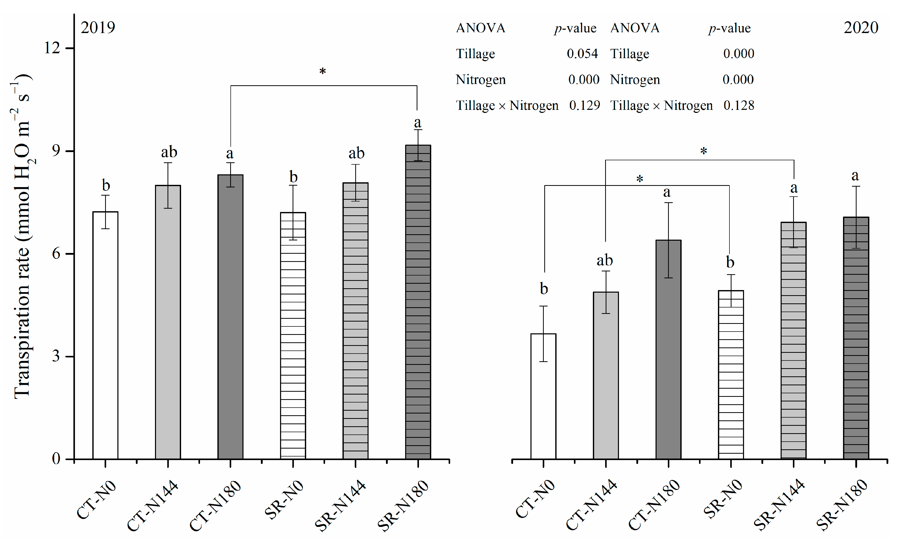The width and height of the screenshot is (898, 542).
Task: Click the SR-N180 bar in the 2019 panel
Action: [418, 303]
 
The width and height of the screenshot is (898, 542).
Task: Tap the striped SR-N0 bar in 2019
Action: [293, 336]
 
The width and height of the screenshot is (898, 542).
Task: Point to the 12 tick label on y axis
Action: [52, 48]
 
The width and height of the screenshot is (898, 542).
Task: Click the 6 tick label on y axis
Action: [56, 253]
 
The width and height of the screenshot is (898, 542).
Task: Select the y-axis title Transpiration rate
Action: [22, 237]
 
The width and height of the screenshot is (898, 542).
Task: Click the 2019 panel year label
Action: [98, 28]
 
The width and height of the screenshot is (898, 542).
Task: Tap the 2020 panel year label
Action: [861, 28]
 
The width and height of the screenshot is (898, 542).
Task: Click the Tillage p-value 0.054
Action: [582, 54]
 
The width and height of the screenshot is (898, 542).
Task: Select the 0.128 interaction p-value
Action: [739, 105]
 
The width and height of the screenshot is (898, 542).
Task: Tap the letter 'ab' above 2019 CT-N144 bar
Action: [169, 152]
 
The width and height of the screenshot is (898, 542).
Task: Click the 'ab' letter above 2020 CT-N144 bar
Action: [605, 260]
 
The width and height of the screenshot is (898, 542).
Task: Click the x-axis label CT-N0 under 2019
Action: [97, 500]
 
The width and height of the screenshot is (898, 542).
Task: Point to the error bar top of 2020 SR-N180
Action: [856, 186]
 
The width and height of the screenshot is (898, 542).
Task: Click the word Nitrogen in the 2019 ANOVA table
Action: [480, 80]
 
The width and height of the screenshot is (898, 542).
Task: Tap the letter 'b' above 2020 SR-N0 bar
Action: [730, 262]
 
